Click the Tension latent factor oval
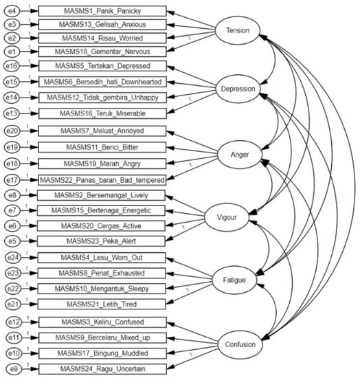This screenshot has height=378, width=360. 238,30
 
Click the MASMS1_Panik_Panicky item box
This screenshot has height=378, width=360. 102,12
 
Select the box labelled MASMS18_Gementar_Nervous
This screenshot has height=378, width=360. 102,51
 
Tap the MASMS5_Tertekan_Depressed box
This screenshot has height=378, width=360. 102,65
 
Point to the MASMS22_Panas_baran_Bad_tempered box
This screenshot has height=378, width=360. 102,180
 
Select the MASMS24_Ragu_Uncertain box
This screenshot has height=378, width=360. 102,367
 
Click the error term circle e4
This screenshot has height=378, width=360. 12,12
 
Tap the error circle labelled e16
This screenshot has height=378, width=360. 12,65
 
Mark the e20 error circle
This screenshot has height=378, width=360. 12,130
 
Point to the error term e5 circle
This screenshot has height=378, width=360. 12,241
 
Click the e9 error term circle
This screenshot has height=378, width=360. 12,367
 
